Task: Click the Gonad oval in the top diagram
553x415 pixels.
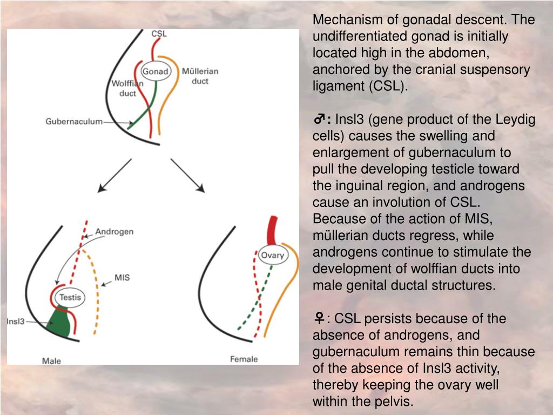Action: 156,71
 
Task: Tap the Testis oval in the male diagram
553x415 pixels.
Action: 70,297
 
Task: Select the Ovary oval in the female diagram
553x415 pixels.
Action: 272,255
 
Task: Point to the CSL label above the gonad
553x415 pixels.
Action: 159,34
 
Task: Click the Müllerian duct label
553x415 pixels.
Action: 200,76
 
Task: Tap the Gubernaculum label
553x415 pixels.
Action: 73,122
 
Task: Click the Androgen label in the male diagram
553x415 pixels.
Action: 114,232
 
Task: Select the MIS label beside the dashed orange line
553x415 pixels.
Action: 122,278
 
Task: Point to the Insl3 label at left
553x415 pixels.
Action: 16,321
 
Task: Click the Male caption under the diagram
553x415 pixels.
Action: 52,360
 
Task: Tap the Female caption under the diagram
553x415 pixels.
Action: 244,359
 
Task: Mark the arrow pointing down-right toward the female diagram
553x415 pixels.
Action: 188,176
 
